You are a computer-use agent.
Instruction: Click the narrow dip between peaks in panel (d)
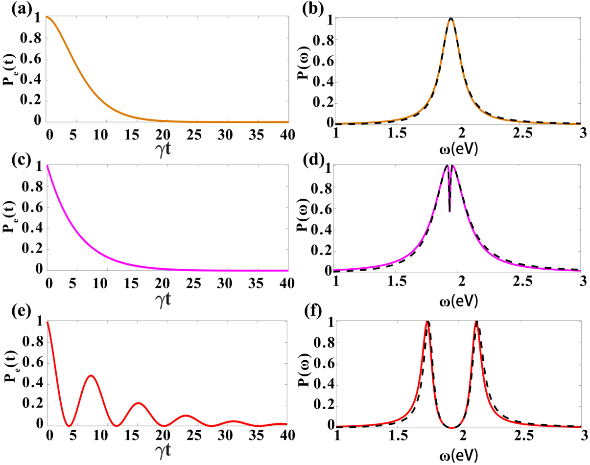coord(449,211)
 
